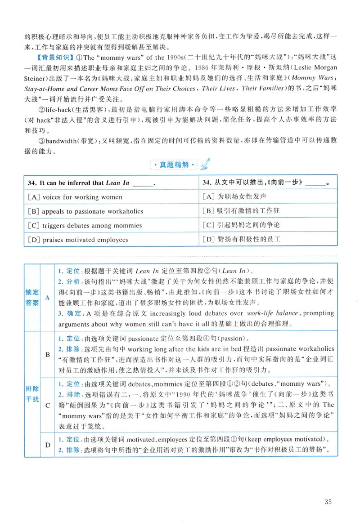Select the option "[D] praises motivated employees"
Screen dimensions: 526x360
click(x=77, y=240)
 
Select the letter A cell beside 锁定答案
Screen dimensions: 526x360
click(x=48, y=297)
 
